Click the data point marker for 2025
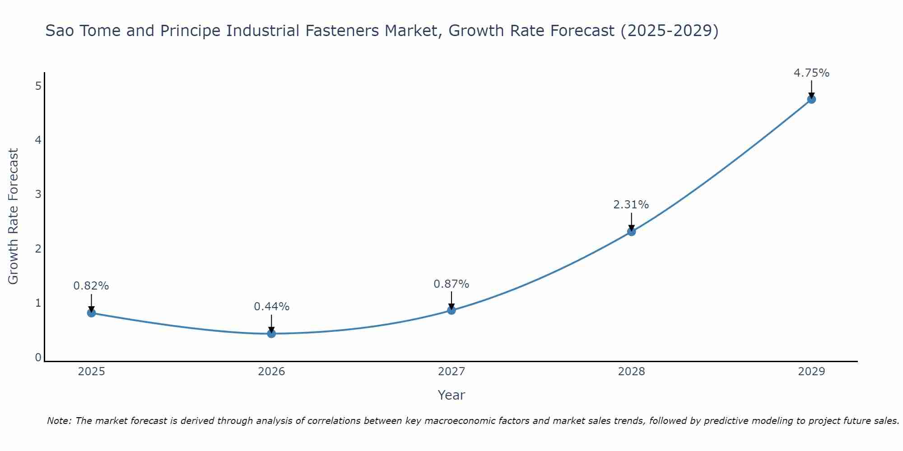click(91, 313)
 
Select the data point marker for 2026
click(271, 333)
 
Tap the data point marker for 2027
click(451, 310)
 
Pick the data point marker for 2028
click(631, 231)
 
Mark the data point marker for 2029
click(811, 99)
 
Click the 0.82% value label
click(91, 286)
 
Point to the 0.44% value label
click(271, 307)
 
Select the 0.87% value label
click(451, 284)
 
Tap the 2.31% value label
click(631, 205)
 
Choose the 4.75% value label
click(811, 73)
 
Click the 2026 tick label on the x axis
click(271, 372)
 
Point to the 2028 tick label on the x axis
click(631, 372)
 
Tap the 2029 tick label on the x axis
click(811, 372)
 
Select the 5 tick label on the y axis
click(38, 86)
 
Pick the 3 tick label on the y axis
click(38, 194)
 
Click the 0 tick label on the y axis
click(38, 358)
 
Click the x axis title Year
click(451, 395)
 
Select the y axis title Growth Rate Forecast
click(14, 216)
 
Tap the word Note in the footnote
click(59, 421)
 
